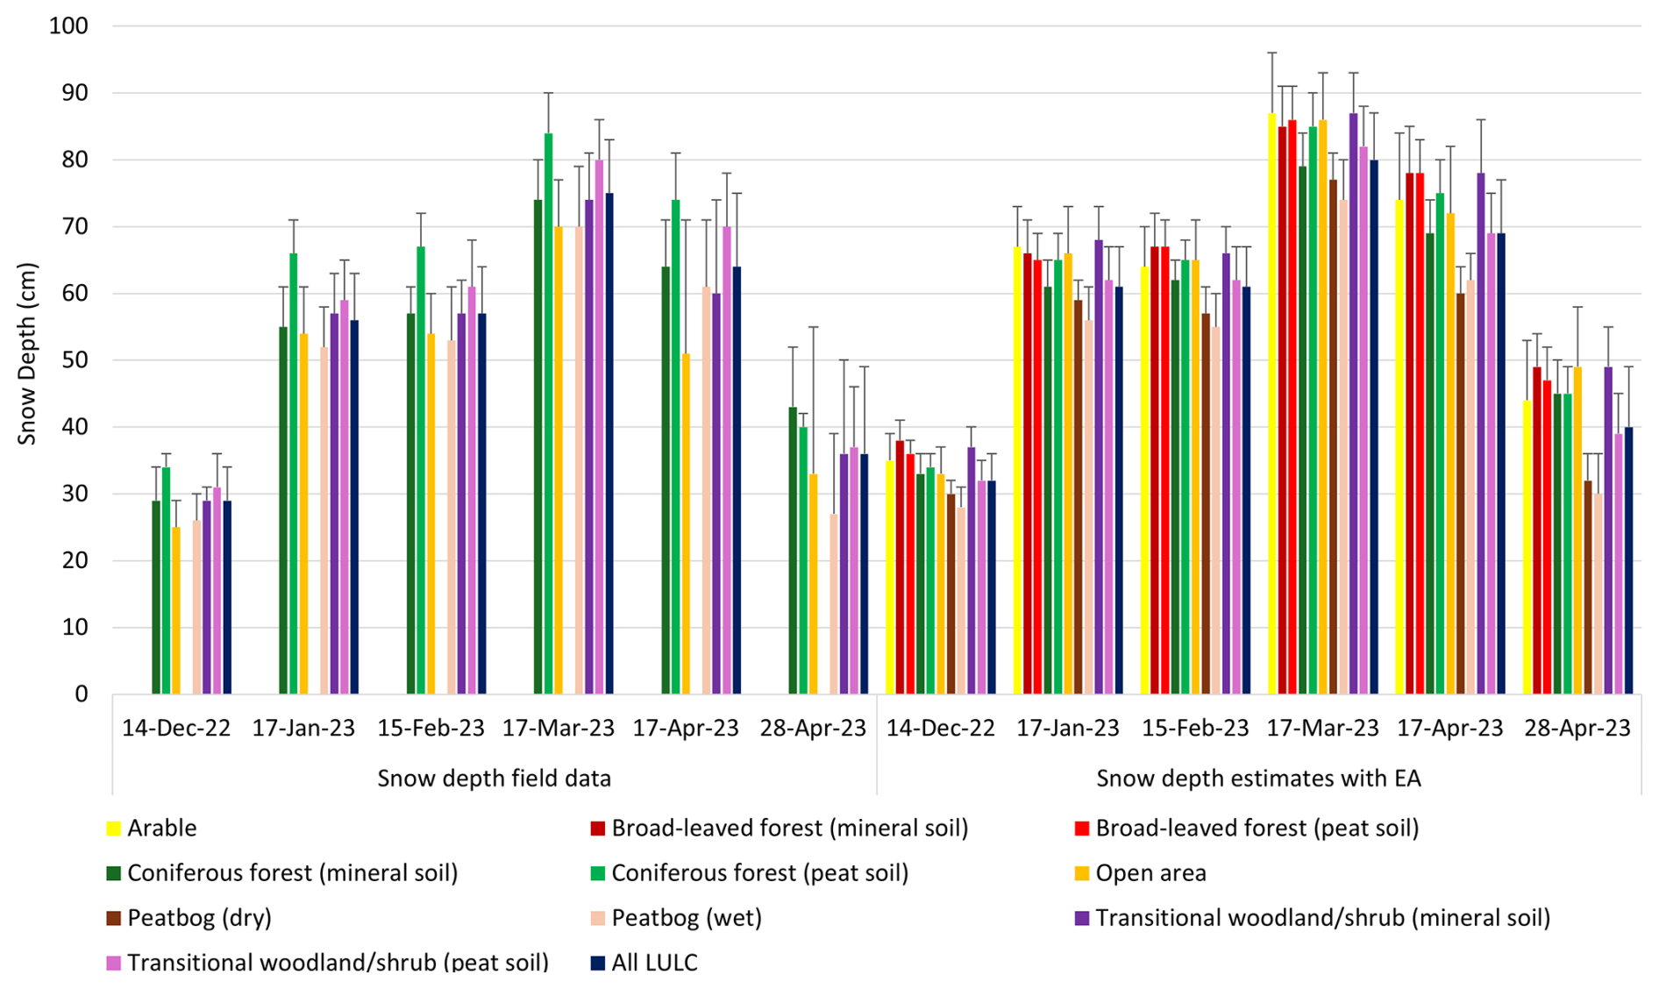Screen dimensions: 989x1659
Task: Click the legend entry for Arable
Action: click(161, 828)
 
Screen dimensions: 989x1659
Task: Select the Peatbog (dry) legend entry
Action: click(199, 917)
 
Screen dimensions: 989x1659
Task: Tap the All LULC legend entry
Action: click(654, 962)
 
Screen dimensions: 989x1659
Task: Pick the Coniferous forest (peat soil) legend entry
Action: click(759, 872)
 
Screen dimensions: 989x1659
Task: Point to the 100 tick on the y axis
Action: click(69, 25)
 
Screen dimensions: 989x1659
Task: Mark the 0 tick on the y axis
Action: click(82, 694)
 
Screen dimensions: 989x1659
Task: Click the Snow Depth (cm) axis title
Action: click(27, 353)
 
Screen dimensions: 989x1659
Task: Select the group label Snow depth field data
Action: click(494, 778)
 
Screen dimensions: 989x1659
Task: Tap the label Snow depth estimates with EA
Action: click(1258, 778)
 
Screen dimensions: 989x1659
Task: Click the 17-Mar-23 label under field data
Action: click(558, 728)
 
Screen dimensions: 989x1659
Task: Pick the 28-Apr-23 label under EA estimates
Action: click(1577, 728)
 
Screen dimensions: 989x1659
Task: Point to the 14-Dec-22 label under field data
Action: click(176, 728)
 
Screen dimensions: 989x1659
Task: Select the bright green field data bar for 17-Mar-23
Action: click(548, 412)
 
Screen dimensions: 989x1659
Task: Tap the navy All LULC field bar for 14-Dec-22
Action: click(227, 597)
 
